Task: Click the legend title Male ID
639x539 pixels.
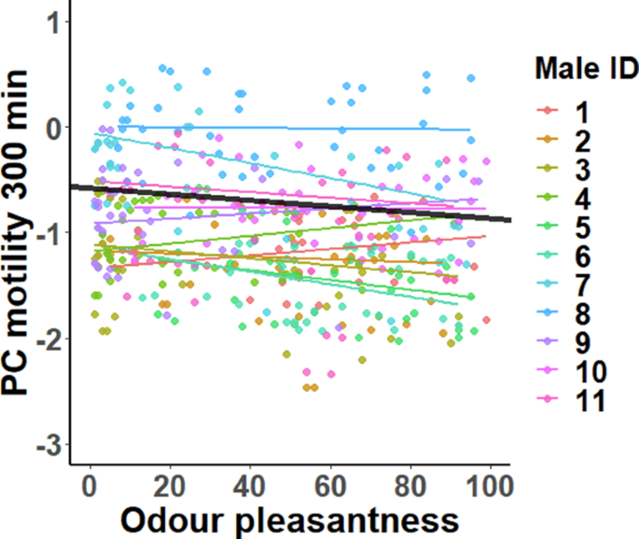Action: pos(586,68)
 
